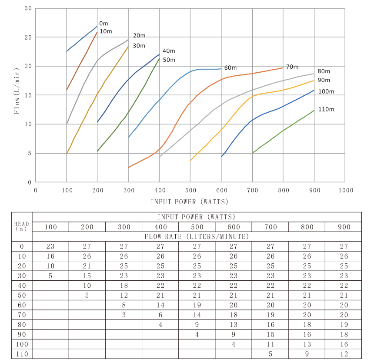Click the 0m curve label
(x=104, y=23)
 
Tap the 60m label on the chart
(x=230, y=68)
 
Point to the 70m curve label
(x=292, y=67)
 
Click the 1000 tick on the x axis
(x=345, y=190)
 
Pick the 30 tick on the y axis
(x=28, y=8)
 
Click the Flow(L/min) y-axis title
(x=17, y=91)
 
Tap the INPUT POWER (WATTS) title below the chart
(x=189, y=202)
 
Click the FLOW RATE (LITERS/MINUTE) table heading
(x=197, y=236)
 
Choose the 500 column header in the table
(x=197, y=227)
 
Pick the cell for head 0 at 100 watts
(x=50, y=246)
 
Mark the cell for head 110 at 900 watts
(x=343, y=354)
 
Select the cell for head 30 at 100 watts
(x=50, y=275)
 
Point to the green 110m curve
(x=283, y=130)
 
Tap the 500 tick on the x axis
(x=190, y=190)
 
